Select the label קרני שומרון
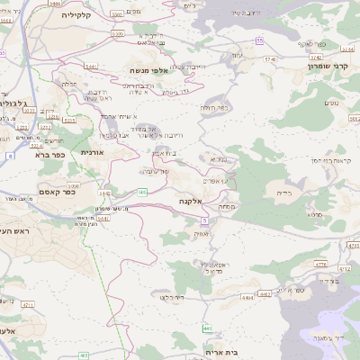(x=327, y=66)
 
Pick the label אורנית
(x=93, y=153)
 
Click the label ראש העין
(x=14, y=232)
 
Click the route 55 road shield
(x=259, y=40)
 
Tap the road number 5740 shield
(x=267, y=58)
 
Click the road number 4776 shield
(x=321, y=264)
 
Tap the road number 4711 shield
(x=28, y=307)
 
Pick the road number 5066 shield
(x=73, y=186)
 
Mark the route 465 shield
(x=84, y=355)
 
